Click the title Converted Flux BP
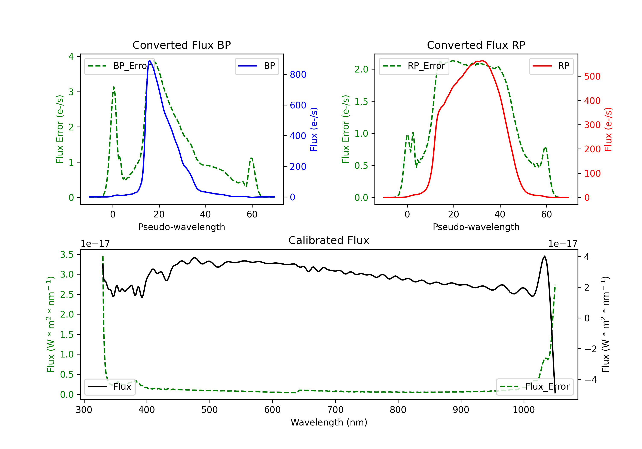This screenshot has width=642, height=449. [x=181, y=45]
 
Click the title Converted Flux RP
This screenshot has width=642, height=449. [x=476, y=45]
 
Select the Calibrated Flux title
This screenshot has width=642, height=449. [x=329, y=240]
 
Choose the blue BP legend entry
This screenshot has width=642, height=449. [x=257, y=66]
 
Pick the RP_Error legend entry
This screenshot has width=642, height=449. [x=414, y=66]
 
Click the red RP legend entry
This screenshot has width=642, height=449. [x=551, y=66]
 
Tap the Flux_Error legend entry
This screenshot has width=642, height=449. [x=535, y=387]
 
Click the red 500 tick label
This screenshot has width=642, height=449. [x=592, y=77]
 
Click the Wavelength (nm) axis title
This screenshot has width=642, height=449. [x=329, y=422]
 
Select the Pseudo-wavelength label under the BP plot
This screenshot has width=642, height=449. [x=181, y=227]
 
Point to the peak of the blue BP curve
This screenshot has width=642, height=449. [x=150, y=61]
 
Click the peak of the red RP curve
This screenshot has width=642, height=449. [x=482, y=61]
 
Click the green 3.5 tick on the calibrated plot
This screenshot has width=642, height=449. [x=67, y=254]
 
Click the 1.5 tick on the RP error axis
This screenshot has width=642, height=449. [x=361, y=101]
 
